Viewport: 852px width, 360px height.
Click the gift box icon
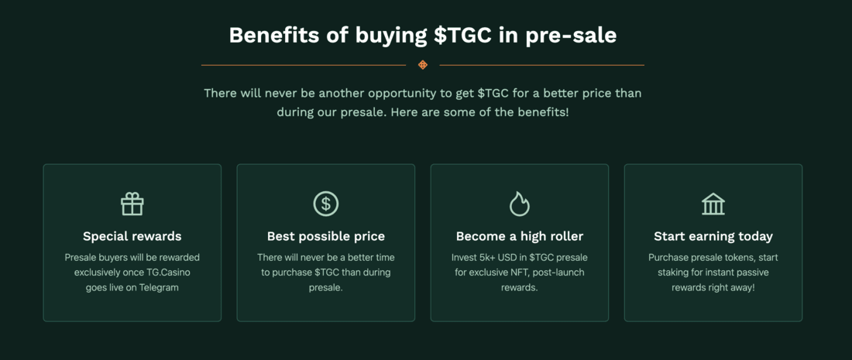(x=132, y=204)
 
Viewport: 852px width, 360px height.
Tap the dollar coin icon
(x=326, y=204)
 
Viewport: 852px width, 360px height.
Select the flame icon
(x=520, y=204)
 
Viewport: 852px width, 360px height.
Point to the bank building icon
(x=713, y=204)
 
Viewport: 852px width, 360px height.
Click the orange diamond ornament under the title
(x=423, y=65)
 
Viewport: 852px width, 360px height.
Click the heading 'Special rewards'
(x=132, y=236)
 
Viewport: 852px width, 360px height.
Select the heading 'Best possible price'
(x=326, y=236)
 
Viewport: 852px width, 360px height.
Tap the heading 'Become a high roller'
(x=520, y=236)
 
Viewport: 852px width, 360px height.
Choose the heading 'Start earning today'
(x=713, y=236)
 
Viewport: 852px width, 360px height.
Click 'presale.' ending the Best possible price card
(x=326, y=288)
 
